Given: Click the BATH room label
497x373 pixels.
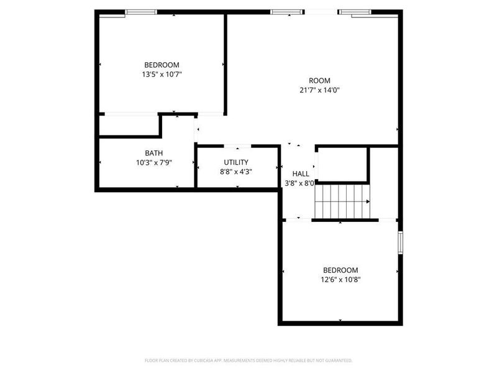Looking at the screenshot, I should (x=154, y=153).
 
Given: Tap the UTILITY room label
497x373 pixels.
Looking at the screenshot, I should (x=236, y=162).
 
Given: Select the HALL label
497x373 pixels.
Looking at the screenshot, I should (x=301, y=173).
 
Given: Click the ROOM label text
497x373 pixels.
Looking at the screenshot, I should (x=319, y=80).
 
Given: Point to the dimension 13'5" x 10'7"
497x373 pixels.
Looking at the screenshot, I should (x=162, y=74).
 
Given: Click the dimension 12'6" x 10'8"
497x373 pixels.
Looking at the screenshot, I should (x=340, y=279).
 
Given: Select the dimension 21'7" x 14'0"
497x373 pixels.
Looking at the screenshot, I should (x=319, y=90).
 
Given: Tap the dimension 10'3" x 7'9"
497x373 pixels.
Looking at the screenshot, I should (x=154, y=162).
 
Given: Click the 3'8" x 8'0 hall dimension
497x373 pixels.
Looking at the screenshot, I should (x=299, y=183).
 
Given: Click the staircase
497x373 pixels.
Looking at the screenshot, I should (x=342, y=201).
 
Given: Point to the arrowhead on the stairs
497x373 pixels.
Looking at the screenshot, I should (x=368, y=201).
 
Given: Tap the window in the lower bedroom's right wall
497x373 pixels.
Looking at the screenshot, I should (x=401, y=242).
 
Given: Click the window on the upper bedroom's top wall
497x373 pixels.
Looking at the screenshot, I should (x=141, y=12).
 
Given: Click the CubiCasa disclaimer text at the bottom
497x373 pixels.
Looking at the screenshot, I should (x=248, y=360).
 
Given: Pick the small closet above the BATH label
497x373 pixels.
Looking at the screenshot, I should (x=129, y=125).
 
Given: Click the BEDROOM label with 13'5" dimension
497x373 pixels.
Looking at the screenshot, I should (x=162, y=65).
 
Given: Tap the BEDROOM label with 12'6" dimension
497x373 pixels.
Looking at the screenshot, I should (x=340, y=270).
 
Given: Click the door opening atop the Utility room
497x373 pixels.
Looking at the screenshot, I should (x=237, y=146).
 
